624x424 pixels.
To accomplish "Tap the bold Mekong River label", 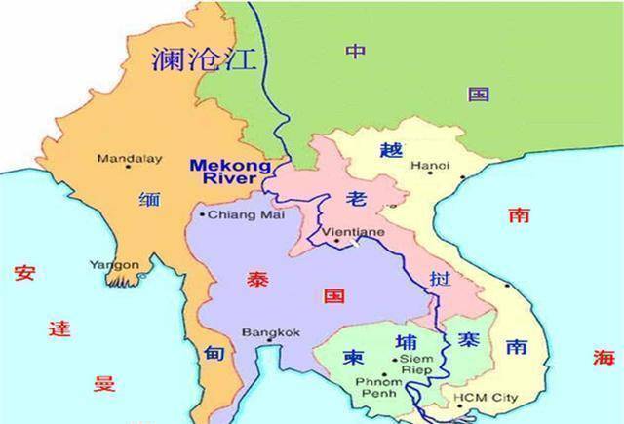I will [230, 171].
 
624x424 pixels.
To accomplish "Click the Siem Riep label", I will [416, 365].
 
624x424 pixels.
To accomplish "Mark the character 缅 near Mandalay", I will [150, 198].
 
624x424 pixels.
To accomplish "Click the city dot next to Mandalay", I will [102, 155].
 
